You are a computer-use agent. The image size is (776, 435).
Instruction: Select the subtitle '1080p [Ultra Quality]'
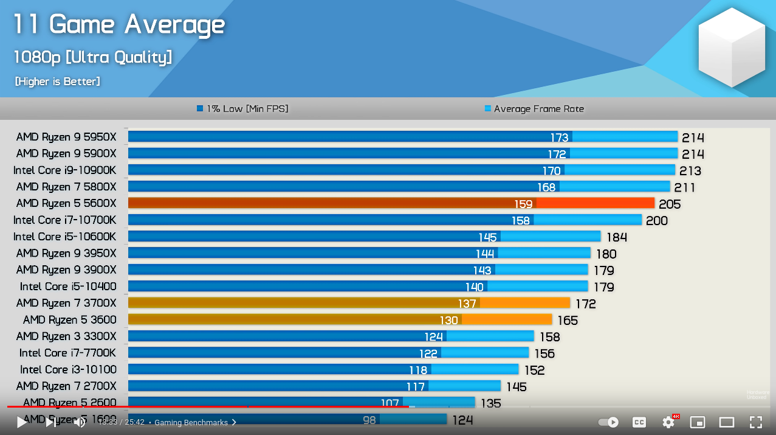93,58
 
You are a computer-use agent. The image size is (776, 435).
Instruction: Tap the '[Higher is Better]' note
58,82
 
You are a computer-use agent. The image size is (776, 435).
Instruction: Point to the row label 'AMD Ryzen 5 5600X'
66,203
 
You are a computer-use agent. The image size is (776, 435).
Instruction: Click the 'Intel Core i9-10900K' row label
64,170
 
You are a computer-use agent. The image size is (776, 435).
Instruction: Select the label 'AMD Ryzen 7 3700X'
66,303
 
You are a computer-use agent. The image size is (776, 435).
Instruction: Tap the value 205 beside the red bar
670,204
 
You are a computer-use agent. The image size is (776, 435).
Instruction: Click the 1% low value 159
523,204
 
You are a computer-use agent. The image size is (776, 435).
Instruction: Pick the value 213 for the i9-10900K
690,171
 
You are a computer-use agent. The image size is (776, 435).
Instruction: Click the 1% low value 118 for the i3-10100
418,370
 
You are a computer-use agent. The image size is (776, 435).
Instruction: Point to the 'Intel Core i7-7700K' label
67,353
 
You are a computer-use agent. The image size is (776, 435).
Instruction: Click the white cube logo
732,47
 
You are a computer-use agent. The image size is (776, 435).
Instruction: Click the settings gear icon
668,422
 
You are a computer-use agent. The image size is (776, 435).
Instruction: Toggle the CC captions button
639,422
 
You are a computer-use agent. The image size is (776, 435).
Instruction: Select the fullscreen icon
755,422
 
